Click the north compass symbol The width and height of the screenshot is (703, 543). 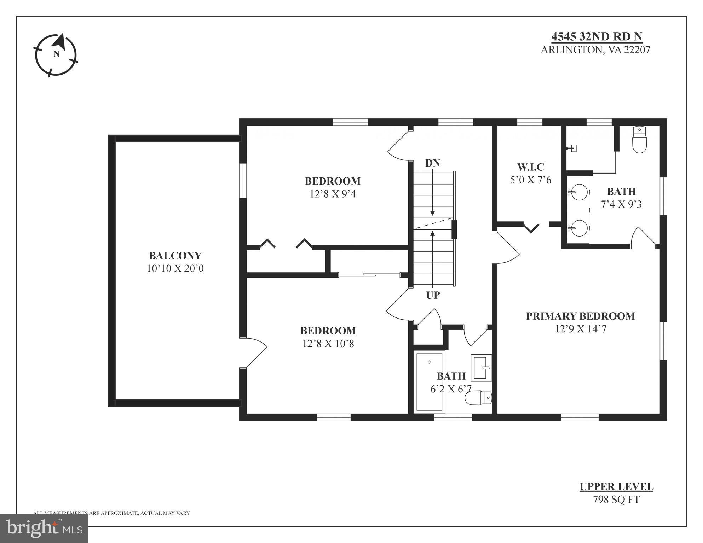56,55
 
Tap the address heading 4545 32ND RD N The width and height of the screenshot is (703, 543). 597,36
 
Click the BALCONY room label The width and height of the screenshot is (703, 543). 175,256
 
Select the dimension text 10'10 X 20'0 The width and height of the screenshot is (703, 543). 175,269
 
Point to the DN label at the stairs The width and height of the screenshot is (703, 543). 432,163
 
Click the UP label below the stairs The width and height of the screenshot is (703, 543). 433,295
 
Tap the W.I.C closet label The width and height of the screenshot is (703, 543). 530,167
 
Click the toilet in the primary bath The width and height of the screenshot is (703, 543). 639,140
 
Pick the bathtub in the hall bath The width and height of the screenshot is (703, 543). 429,382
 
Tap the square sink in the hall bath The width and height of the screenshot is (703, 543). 482,367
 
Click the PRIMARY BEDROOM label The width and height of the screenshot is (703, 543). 580,316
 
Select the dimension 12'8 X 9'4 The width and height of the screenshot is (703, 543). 333,194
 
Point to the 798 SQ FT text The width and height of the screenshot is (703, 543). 616,500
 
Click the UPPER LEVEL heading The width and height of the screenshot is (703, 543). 616,487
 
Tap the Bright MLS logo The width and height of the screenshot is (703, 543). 44,529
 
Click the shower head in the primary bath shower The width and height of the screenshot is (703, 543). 572,148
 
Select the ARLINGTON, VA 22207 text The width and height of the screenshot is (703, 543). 595,50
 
